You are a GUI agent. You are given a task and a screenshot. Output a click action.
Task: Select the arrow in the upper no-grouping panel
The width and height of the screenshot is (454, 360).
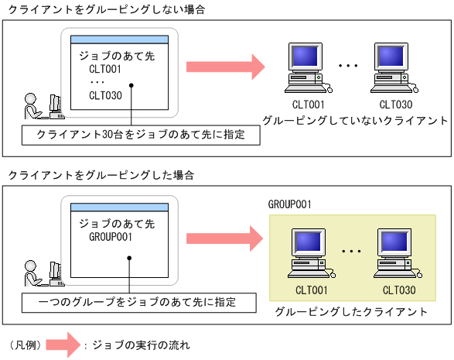coord(224,65)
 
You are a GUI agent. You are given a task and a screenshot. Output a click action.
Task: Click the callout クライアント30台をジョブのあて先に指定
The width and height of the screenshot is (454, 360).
coord(141,135)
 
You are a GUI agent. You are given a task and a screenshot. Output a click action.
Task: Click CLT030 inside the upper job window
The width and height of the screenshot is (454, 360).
coord(106,95)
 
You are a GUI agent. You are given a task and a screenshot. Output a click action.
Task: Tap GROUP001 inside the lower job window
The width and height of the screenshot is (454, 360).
coord(111,237)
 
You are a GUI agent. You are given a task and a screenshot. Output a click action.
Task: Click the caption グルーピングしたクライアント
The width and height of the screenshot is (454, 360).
coord(351,311)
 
